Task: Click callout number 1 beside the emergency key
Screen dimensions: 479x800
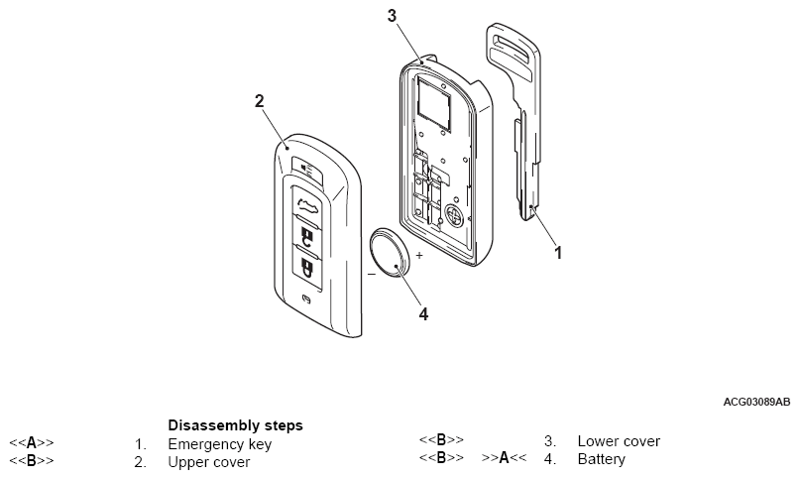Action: [558, 252]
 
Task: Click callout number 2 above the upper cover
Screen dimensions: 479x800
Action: [259, 100]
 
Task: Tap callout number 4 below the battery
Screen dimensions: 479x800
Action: [423, 314]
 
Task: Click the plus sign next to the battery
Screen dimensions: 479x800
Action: [418, 255]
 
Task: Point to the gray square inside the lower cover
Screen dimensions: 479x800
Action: [434, 100]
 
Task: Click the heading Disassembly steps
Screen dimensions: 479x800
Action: [235, 424]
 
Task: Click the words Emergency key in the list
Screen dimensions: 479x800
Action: [219, 443]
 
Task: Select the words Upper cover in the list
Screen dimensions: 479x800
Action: [208, 461]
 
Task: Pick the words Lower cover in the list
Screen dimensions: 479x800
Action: [619, 441]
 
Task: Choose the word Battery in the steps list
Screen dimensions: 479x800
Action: [601, 459]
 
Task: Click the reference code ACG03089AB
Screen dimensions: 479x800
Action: [756, 402]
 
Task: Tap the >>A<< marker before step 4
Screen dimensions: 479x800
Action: [505, 459]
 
